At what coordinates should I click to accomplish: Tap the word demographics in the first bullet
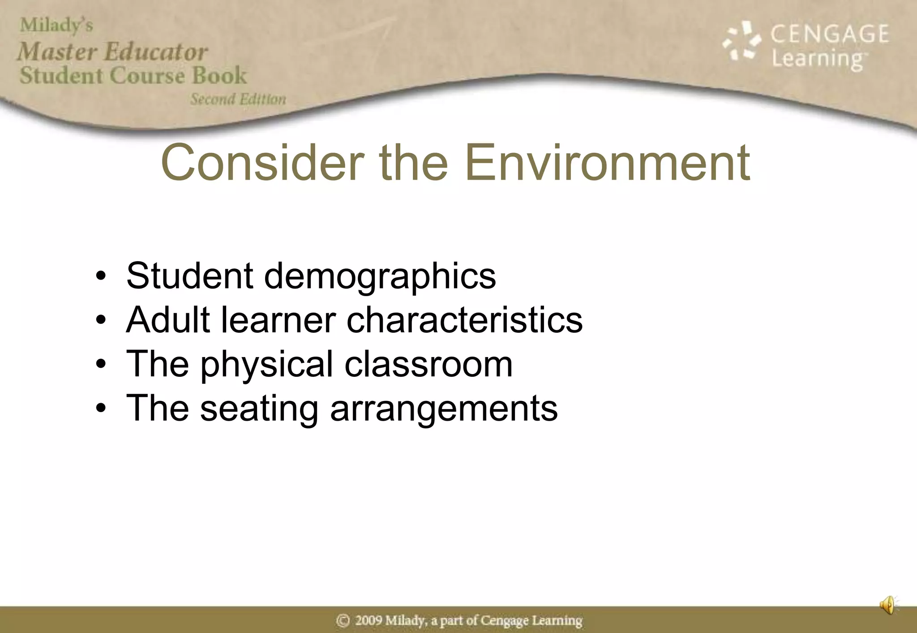point(380,276)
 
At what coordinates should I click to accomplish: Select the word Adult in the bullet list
point(168,319)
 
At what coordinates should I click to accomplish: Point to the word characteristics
point(464,319)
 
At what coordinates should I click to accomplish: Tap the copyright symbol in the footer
point(343,620)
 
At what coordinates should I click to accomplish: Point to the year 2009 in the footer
point(369,620)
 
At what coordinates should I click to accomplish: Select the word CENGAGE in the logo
point(830,34)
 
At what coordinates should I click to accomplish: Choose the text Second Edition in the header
point(238,99)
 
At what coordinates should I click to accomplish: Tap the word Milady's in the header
point(56,25)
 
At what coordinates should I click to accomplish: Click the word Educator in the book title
point(156,52)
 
